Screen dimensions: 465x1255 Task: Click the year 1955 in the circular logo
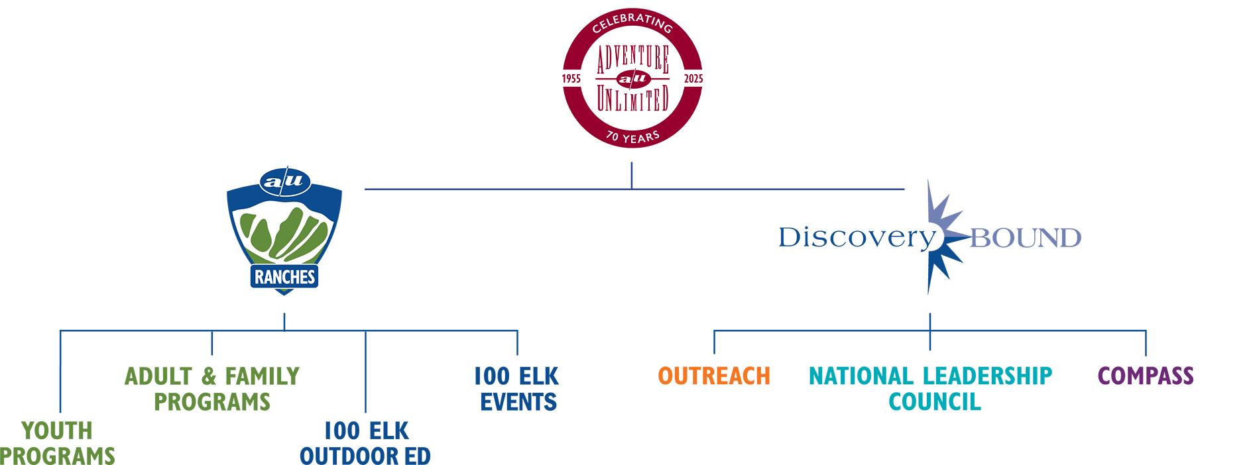tap(571, 79)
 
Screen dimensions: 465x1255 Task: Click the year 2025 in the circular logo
tap(693, 79)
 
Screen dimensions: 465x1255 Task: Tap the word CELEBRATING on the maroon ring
tap(632, 23)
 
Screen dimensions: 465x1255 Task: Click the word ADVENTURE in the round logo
tap(632, 59)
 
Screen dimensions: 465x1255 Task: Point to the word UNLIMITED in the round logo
tap(632, 100)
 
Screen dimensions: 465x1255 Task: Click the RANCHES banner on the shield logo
tap(284, 277)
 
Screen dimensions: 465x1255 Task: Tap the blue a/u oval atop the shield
tap(284, 181)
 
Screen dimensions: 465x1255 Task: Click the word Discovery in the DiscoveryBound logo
tap(856, 237)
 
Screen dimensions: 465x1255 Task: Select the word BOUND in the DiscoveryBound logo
tap(1025, 238)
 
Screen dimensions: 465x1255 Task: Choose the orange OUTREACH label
tap(714, 376)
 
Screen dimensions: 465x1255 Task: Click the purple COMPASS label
tap(1145, 376)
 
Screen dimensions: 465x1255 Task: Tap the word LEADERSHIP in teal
tap(987, 376)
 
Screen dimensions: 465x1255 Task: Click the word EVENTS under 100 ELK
tap(518, 402)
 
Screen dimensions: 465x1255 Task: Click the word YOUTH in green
tap(57, 431)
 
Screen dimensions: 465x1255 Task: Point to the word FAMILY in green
tap(262, 376)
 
